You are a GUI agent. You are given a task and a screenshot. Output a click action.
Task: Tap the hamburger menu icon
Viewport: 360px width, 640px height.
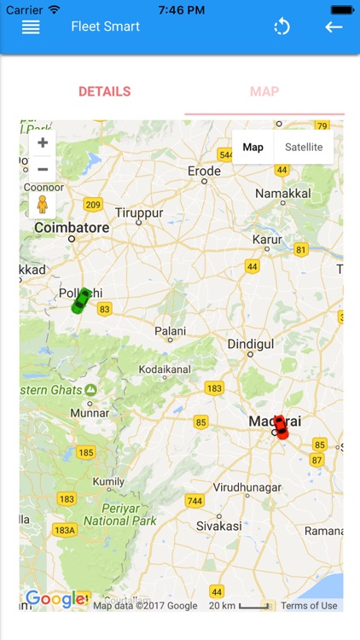[31, 26]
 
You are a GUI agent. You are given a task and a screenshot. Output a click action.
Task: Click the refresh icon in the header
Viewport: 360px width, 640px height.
[282, 26]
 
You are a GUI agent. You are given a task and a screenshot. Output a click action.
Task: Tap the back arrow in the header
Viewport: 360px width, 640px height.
[334, 26]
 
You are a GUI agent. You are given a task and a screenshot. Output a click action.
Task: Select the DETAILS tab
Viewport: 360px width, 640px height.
[104, 91]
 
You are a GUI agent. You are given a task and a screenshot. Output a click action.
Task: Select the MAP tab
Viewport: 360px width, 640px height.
[264, 91]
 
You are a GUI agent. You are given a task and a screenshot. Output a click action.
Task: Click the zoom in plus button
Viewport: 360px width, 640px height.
[42, 143]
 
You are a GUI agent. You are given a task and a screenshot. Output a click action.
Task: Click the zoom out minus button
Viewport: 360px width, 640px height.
[42, 169]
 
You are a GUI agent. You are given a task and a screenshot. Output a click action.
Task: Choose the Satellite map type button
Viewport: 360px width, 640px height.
[304, 147]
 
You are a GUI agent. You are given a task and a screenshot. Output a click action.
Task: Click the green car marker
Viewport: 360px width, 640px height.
[81, 300]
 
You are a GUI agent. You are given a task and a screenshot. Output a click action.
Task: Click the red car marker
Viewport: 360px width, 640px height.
[280, 427]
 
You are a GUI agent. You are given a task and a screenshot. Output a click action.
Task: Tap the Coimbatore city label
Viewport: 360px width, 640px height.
[72, 228]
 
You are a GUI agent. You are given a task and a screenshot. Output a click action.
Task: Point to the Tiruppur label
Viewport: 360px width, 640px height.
[138, 212]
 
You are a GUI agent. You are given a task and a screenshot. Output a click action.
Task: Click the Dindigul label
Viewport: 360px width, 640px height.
[250, 344]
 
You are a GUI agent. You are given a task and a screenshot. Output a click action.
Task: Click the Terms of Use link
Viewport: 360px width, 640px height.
[309, 606]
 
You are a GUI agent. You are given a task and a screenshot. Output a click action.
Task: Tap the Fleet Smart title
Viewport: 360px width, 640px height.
[106, 26]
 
